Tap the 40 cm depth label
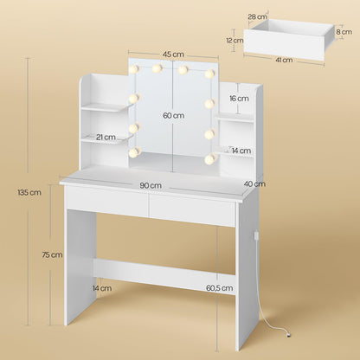(254, 183)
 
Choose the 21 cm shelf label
(106, 138)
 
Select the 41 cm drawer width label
(286, 61)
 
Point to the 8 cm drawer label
(344, 31)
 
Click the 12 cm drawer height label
(234, 40)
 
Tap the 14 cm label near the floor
(103, 288)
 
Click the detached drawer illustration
(289, 39)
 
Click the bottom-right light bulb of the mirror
(209, 158)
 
